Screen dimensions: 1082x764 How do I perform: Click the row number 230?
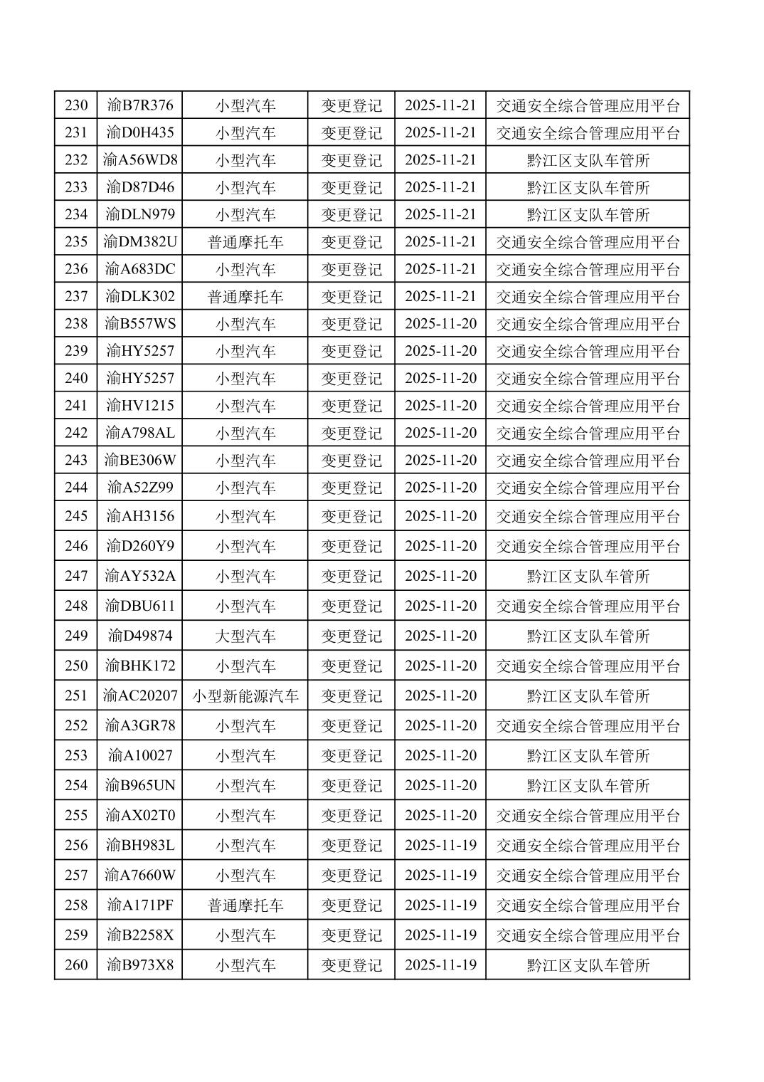pos(76,105)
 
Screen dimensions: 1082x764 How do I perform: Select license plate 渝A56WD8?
pos(140,159)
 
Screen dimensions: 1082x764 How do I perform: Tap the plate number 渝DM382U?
pos(140,241)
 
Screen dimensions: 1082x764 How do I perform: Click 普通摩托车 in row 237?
pos(245,296)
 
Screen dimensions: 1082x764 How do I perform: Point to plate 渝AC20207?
pos(140,695)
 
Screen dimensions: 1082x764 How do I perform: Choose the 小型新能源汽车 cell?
pos(245,695)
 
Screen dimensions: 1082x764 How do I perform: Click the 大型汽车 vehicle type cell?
pos(245,636)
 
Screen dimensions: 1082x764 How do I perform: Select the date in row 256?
pos(440,845)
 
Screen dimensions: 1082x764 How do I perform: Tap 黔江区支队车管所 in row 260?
pos(588,965)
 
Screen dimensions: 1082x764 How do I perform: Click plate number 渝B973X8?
pos(140,965)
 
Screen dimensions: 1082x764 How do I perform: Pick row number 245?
pos(76,516)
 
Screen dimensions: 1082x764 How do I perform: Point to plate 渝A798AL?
pos(140,433)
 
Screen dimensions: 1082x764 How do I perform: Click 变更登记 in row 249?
pos(351,636)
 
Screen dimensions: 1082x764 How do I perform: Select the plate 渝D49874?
pos(140,636)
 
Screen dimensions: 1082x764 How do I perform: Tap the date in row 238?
pos(440,324)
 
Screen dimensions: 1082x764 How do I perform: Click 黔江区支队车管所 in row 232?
pos(588,159)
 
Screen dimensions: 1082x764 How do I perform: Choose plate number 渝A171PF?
pos(140,905)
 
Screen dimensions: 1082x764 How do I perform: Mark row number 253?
pos(76,755)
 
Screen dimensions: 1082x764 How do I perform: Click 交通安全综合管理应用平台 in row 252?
pos(588,725)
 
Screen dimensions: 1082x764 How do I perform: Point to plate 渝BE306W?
pos(140,460)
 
